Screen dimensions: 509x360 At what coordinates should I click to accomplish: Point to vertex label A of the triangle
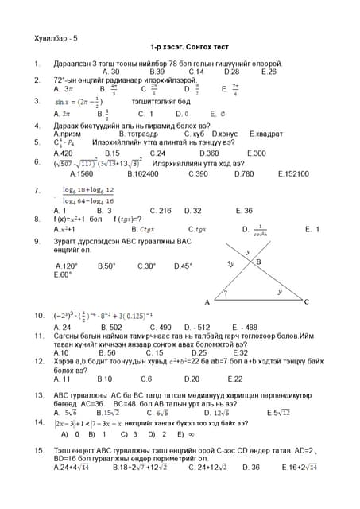(x=207, y=302)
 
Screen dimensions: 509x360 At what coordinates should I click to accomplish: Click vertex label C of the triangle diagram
(x=306, y=302)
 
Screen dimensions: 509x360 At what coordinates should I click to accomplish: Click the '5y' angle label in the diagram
(x=230, y=262)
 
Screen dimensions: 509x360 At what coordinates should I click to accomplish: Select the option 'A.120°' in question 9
(x=67, y=266)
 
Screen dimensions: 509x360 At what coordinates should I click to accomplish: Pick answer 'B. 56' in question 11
(x=106, y=352)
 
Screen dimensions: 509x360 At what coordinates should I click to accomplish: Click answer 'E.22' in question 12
(x=235, y=379)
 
